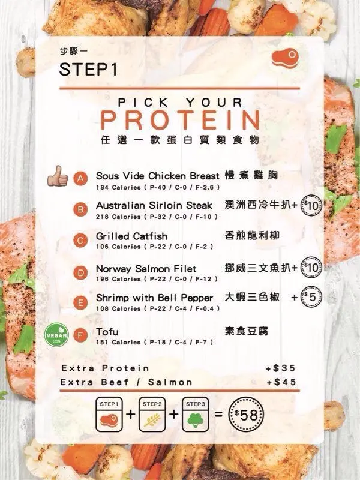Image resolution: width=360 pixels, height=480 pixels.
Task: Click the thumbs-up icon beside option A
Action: tap(58, 176)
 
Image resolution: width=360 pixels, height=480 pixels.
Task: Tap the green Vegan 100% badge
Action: tap(56, 336)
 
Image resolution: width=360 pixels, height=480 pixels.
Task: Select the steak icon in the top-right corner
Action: tap(285, 57)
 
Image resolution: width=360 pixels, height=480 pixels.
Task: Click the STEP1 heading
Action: tap(88, 69)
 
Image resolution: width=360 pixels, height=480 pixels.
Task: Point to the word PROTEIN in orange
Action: tap(181, 120)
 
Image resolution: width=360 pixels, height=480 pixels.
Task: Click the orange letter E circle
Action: tap(80, 303)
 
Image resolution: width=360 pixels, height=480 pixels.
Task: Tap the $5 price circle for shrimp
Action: tap(310, 297)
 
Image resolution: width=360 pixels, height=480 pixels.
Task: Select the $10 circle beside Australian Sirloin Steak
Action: tap(311, 205)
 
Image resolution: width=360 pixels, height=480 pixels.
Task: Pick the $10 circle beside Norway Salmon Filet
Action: tap(311, 268)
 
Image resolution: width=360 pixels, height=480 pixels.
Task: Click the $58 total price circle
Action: tap(246, 415)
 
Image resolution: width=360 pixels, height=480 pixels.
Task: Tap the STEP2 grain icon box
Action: tap(152, 415)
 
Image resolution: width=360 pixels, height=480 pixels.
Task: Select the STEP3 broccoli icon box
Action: tap(196, 415)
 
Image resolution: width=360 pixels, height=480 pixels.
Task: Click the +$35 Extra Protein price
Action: tap(281, 368)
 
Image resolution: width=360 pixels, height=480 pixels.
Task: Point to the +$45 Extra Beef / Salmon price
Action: tap(281, 382)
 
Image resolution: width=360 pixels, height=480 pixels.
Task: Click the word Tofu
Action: tap(107, 332)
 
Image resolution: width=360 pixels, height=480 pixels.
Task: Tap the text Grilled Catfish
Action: tap(131, 236)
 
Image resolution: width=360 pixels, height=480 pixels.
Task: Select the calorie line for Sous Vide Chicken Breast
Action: tap(158, 187)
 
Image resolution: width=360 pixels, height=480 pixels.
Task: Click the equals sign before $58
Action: tap(218, 415)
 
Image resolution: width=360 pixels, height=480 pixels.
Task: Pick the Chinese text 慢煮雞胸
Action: tap(251, 175)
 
